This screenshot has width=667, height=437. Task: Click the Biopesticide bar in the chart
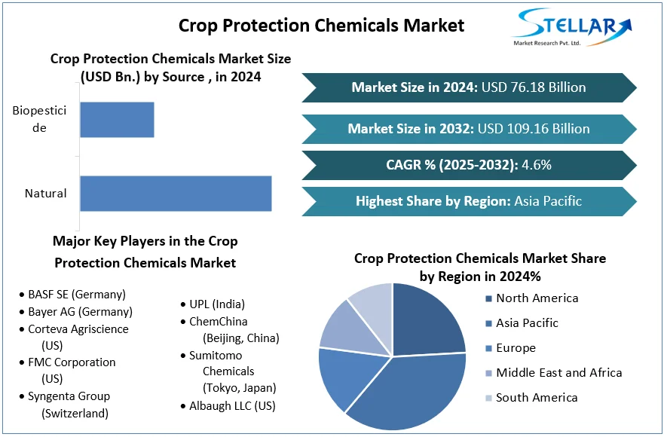pyautogui.click(x=117, y=120)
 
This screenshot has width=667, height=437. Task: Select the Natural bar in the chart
pyautogui.click(x=176, y=194)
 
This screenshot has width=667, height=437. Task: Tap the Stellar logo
pyautogui.click(x=571, y=28)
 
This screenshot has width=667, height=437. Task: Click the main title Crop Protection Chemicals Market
pyautogui.click(x=321, y=25)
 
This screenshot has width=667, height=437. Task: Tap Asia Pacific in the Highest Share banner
pyautogui.click(x=548, y=201)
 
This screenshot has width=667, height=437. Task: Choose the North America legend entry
pyautogui.click(x=537, y=298)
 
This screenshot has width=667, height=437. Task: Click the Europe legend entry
pyautogui.click(x=516, y=348)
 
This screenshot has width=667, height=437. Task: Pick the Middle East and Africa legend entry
pyautogui.click(x=558, y=373)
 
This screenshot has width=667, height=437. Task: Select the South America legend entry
pyautogui.click(x=537, y=398)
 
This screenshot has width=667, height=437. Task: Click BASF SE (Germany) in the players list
pyautogui.click(x=77, y=295)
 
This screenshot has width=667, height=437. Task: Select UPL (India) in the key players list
pyautogui.click(x=217, y=304)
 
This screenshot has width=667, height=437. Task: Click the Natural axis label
pyautogui.click(x=46, y=194)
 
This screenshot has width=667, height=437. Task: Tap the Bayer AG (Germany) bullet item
pyautogui.click(x=80, y=312)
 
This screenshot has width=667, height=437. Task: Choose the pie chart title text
pyautogui.click(x=480, y=267)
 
